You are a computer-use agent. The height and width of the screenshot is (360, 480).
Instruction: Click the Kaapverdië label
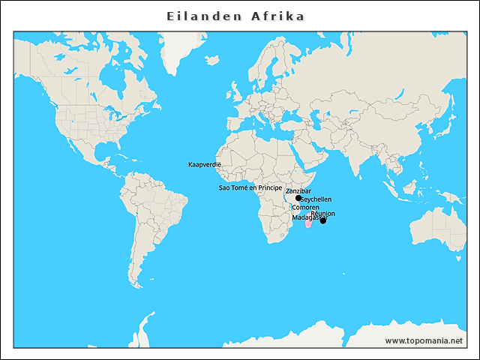pyautogui.click(x=205, y=163)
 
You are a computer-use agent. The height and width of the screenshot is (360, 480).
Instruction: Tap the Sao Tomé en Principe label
pyautogui.click(x=250, y=187)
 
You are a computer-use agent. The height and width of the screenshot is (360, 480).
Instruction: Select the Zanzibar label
pyautogui.click(x=298, y=191)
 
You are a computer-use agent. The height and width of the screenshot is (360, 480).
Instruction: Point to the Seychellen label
pyautogui.click(x=316, y=199)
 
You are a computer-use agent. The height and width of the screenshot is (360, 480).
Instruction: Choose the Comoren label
pyautogui.click(x=305, y=207)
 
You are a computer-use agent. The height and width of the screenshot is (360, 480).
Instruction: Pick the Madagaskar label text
pyautogui.click(x=304, y=217)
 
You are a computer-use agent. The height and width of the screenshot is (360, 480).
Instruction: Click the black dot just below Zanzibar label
pyautogui.click(x=298, y=199)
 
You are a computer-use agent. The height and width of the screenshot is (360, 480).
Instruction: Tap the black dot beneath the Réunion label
pyautogui.click(x=323, y=220)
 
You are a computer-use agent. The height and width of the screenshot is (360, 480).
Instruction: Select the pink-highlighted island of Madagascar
pyautogui.click(x=308, y=224)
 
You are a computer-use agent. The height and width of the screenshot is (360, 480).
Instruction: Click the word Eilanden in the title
pyautogui.click(x=198, y=16)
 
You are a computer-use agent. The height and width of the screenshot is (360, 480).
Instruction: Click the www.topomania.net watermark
pyautogui.click(x=424, y=340)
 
